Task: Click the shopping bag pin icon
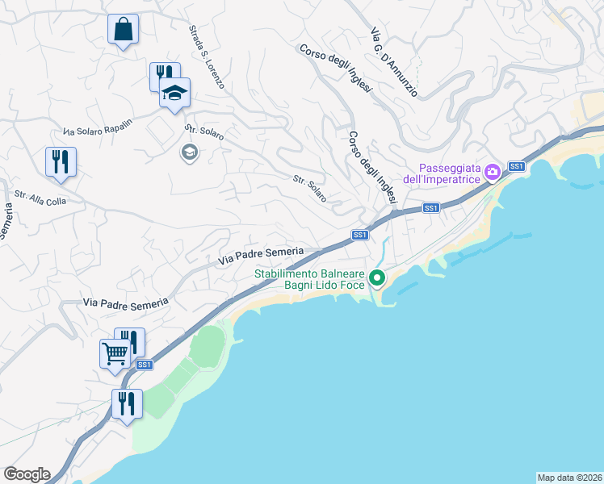pos(123,30)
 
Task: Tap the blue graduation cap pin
pos(174,94)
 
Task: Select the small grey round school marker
pos(189,152)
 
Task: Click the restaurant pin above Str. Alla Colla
pos(61,162)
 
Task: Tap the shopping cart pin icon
pos(115,353)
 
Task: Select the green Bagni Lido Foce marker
pos(377,279)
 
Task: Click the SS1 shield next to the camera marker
pos(517,167)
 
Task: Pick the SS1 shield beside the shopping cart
pos(145,365)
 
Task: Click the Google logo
pos(27,474)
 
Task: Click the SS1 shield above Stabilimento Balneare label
pos(360,235)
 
